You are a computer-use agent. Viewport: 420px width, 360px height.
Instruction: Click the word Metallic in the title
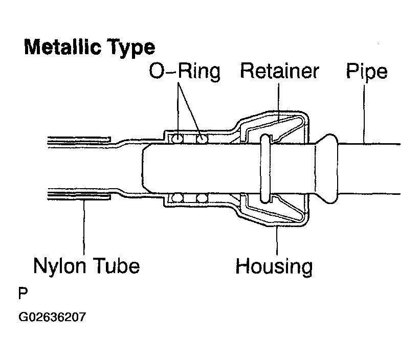(x=63, y=47)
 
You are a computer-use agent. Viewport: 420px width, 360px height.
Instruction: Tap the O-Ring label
(x=185, y=72)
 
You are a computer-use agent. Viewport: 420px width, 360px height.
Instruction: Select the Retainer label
(x=279, y=71)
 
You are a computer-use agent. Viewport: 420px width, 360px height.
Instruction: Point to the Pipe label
(x=367, y=72)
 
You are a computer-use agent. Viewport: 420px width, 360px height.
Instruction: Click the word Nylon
(x=60, y=267)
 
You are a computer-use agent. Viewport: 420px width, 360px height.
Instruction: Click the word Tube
(x=117, y=265)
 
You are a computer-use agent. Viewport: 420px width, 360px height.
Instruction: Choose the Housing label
(x=274, y=266)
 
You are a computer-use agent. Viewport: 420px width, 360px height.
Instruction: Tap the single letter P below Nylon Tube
(x=23, y=294)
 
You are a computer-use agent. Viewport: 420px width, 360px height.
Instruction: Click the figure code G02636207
(x=52, y=317)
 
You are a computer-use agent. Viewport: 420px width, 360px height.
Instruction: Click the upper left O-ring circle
(x=178, y=139)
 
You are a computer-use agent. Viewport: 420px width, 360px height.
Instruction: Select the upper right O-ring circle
(x=202, y=139)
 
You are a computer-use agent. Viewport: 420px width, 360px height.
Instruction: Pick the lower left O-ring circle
(x=178, y=198)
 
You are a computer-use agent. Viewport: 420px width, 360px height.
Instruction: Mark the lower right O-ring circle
(x=202, y=198)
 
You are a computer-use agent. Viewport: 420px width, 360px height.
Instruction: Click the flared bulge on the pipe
(x=326, y=169)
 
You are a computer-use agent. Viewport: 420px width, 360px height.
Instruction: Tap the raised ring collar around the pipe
(x=266, y=168)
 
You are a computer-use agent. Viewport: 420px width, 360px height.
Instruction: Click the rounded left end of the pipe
(x=143, y=169)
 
